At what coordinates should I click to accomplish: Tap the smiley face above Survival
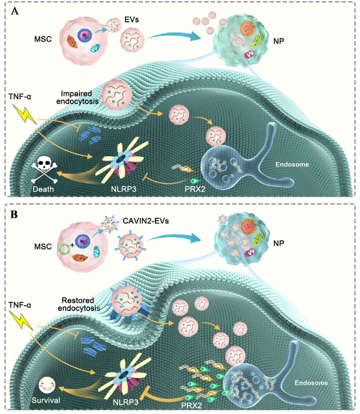tap(47, 385)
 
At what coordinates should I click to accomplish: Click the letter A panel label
tap(15, 11)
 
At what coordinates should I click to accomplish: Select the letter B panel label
tap(14, 215)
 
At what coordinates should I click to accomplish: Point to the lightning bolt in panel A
tap(24, 114)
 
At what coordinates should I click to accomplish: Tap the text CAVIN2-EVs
tap(146, 221)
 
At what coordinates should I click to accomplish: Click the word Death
tap(43, 189)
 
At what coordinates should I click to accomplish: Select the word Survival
tap(46, 400)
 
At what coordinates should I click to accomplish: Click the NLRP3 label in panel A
tap(124, 189)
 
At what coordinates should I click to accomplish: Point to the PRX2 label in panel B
tap(192, 405)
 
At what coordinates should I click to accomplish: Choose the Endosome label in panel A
tap(292, 164)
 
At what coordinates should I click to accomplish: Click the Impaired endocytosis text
tap(77, 97)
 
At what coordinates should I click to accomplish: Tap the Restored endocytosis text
tap(78, 304)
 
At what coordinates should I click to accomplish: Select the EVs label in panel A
tap(132, 20)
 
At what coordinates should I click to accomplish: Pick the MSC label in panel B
tap(43, 247)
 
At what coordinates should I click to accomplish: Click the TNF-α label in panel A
tap(20, 97)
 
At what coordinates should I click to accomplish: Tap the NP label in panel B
tap(278, 243)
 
